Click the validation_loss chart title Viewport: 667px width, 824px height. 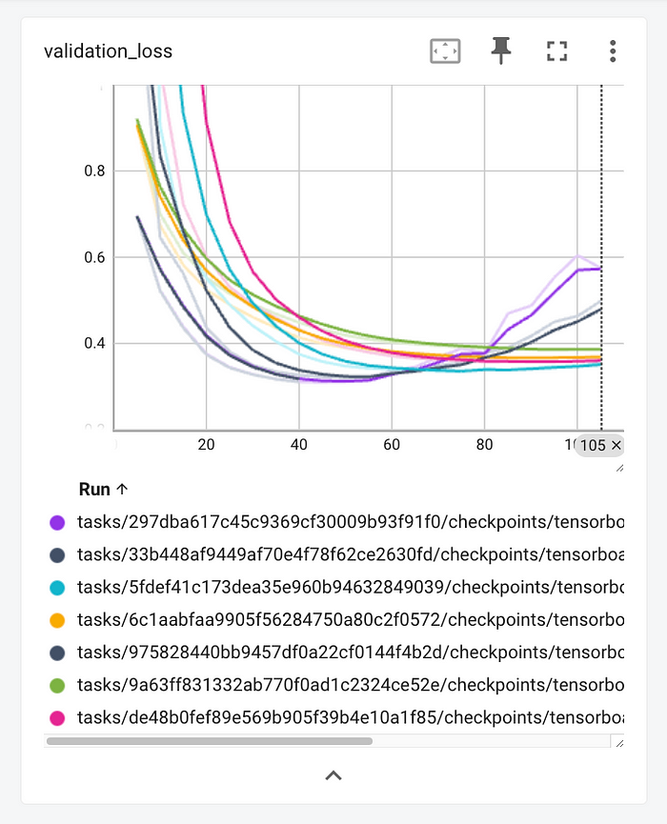click(108, 51)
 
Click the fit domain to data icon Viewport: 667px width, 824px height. click(445, 51)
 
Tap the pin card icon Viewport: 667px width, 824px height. click(501, 51)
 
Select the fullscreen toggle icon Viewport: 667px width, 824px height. click(556, 51)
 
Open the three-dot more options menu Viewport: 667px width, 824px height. click(612, 51)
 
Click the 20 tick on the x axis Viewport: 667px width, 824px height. click(206, 444)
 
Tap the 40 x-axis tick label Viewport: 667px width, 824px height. click(298, 444)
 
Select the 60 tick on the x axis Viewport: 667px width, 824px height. click(391, 444)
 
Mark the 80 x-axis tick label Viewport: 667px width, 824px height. click(484, 444)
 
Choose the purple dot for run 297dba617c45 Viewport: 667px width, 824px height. click(56, 522)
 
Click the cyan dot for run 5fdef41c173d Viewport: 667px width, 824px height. click(56, 587)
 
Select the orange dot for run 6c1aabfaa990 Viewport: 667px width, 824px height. click(56, 619)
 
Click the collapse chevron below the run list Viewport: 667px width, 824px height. click(333, 775)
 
